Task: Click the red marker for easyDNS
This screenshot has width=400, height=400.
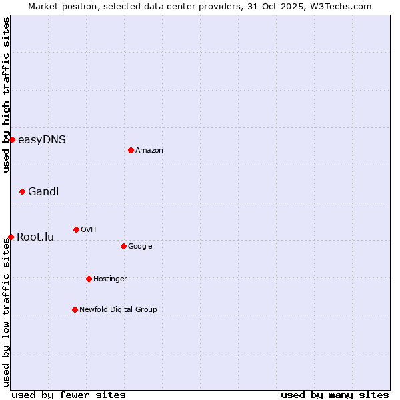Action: pos(12,139)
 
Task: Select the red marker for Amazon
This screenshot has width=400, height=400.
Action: pos(131,150)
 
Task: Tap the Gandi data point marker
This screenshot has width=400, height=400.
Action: pos(22,191)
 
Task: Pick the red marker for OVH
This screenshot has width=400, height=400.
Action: pos(76,229)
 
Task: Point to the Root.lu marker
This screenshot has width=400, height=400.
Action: pos(11,237)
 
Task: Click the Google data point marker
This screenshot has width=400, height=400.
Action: pos(123,246)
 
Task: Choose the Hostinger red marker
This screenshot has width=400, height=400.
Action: pos(89,279)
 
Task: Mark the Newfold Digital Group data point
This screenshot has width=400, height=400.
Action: pos(75,309)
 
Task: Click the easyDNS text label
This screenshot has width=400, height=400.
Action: pos(41,139)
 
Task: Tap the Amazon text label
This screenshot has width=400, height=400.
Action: pos(149,150)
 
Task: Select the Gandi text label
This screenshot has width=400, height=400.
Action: pos(43,191)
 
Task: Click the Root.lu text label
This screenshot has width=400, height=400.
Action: pos(35,237)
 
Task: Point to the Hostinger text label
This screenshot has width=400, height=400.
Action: pos(110,279)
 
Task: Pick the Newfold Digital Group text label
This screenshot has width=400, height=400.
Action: pos(118,309)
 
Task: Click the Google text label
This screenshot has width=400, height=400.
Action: pos(140,246)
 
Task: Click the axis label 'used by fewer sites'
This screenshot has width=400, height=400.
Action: pos(69,395)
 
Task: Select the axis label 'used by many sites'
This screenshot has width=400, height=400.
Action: pos(335,395)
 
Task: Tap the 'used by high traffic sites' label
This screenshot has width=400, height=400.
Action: pos(6,95)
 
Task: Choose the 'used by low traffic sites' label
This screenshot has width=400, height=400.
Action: pos(6,312)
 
